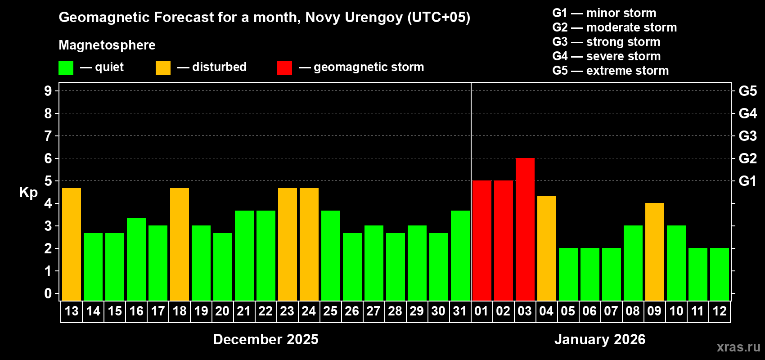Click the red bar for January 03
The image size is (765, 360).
pos(525,229)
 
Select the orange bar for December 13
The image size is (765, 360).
pos(72,244)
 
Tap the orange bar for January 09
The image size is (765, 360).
pos(654,252)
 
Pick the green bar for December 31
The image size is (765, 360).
pos(460,255)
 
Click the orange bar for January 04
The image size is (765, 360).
pos(546,248)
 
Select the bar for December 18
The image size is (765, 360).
pos(180,244)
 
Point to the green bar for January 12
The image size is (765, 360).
pos(719,274)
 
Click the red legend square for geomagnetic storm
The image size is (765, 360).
pos(284,68)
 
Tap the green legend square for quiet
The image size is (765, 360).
pos(66,68)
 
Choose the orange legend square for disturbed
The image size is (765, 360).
pos(163,68)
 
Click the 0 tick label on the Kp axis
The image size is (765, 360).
pos(48,294)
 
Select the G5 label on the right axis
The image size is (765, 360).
pos(747,91)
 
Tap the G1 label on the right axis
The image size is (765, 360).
pos(747,181)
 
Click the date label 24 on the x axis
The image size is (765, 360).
pos(309,311)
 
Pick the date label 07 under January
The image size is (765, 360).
pos(611,311)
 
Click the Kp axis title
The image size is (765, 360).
pos(28,193)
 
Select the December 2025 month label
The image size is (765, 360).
pos(265,339)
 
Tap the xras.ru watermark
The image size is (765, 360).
pos(738,346)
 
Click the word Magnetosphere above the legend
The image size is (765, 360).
pos(107,45)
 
